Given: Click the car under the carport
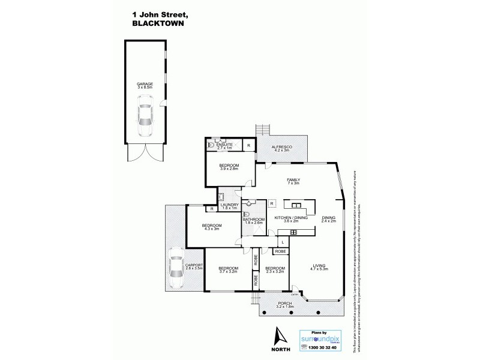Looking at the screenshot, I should click(176, 269).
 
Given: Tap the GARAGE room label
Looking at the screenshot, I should click(145, 84).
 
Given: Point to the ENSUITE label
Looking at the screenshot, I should click(224, 145).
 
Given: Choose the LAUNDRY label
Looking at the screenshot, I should click(229, 205).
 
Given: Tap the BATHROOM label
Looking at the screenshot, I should click(253, 220).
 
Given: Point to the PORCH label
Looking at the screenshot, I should click(285, 304).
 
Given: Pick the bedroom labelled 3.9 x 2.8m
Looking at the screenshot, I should click(229, 166).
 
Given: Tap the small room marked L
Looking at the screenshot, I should click(282, 241).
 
